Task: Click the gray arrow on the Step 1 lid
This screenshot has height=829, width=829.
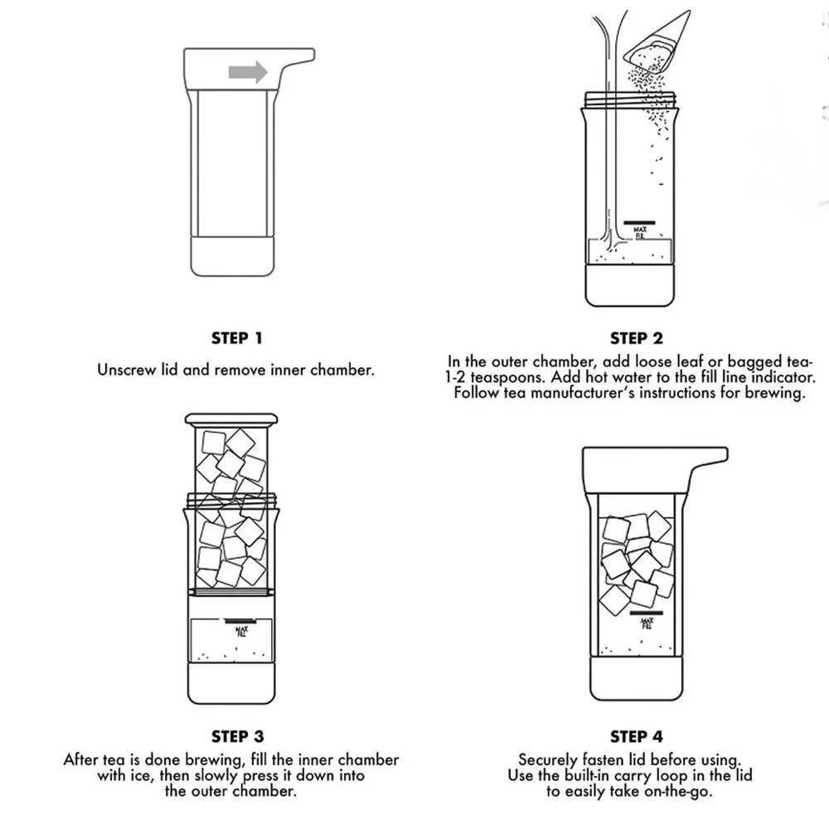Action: tap(248, 72)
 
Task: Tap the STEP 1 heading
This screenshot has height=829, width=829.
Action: tap(237, 338)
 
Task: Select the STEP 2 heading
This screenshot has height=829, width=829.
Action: tap(637, 338)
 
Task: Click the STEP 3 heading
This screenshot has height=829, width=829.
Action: tap(237, 736)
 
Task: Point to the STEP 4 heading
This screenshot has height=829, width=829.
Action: tap(637, 736)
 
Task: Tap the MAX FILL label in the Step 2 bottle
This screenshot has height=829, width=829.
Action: tap(640, 233)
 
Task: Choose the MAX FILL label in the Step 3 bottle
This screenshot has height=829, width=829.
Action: tap(241, 631)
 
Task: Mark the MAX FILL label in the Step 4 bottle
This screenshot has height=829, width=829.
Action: tap(647, 623)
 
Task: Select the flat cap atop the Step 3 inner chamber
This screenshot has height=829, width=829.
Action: tap(231, 419)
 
